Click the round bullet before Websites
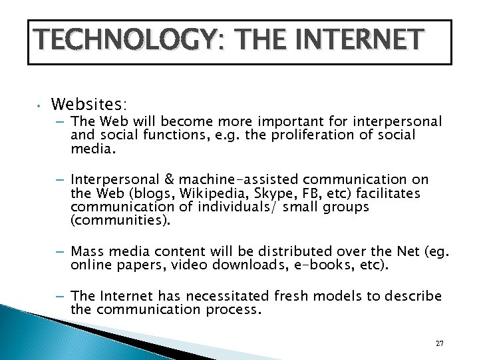[39, 105]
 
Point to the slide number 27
[439, 343]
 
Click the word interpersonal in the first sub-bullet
[391, 121]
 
